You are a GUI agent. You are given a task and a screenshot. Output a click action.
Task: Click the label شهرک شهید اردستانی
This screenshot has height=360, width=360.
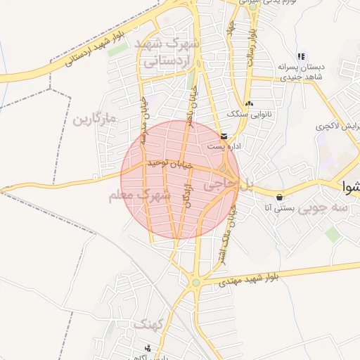172,53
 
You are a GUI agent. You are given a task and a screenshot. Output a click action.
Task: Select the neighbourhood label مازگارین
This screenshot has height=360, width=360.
94,119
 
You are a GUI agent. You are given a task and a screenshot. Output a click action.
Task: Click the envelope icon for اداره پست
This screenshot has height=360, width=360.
224,136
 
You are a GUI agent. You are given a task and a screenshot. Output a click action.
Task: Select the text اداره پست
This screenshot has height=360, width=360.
224,146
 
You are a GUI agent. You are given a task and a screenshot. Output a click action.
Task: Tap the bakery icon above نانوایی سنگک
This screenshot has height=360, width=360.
249,103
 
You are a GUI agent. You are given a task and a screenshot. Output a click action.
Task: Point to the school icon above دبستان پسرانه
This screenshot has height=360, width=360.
301,56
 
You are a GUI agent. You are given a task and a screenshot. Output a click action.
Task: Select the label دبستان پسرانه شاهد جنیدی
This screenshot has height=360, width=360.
300,72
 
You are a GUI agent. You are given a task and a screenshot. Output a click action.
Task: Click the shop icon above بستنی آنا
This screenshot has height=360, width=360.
281,197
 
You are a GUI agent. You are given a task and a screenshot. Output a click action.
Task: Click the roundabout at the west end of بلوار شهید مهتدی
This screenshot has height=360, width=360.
195,283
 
